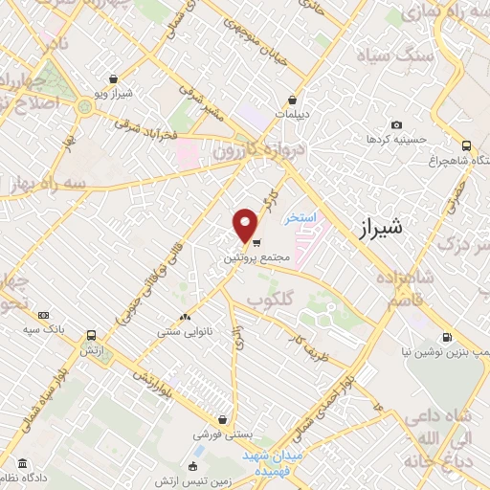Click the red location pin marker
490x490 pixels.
[x=246, y=225]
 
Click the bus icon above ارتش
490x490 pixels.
[x=91, y=336]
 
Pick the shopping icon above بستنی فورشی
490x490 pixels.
[x=222, y=418]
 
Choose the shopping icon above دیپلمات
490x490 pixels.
[x=291, y=100]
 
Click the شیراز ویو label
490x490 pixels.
[x=113, y=94]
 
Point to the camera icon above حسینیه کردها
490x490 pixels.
[x=396, y=125]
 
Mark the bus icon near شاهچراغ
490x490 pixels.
[x=466, y=145]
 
